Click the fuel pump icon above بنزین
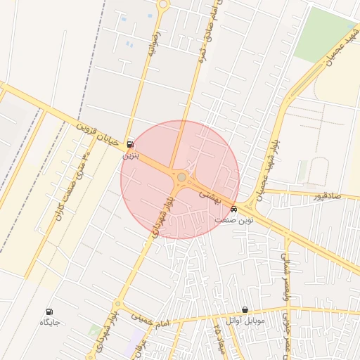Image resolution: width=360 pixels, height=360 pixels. point(130,145)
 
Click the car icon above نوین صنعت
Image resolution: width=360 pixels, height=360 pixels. point(234,209)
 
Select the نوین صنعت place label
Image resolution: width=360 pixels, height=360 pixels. point(234,219)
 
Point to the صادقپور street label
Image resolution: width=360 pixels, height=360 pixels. point(328,196)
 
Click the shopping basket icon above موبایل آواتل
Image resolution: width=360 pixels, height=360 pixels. point(245,310)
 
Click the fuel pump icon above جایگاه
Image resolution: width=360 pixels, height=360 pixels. point(49,311)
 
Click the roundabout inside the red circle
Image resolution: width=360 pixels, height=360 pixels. point(181,177)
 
